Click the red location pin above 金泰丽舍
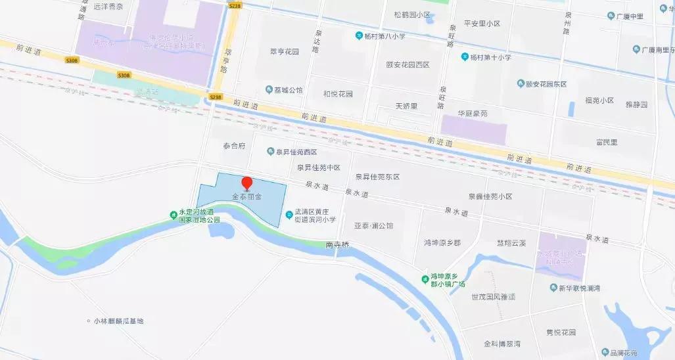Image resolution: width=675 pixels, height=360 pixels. click(247, 184)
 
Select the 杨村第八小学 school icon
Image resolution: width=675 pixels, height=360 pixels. click(360, 35)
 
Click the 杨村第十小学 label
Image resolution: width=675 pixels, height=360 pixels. click(490, 57)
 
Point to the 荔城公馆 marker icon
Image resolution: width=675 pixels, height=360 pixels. click(269, 89)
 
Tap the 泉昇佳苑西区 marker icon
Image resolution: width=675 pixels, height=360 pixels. click(270, 152)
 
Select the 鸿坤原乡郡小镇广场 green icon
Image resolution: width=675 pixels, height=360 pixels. click(425, 281)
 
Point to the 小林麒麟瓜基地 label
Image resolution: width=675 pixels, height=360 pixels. click(119, 321)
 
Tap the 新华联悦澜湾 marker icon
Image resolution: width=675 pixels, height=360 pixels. click(553, 288)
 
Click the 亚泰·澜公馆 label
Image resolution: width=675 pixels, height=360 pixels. click(373, 225)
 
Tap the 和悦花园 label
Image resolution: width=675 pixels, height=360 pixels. click(338, 94)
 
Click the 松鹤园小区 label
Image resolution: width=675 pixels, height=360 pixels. click(412, 14)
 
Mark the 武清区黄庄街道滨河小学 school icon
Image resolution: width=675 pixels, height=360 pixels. click(290, 215)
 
